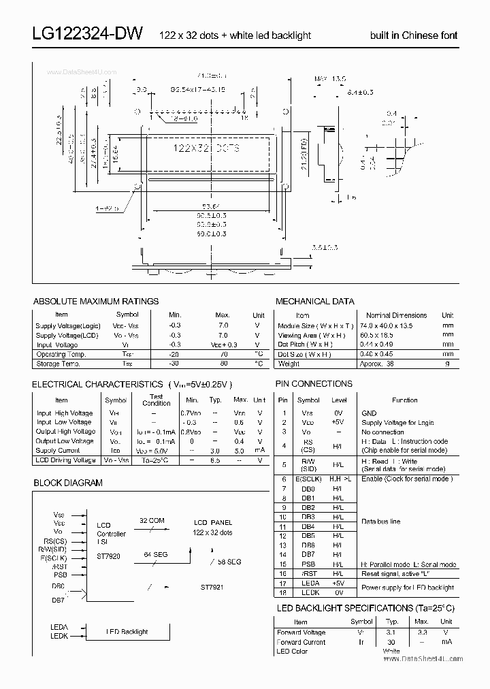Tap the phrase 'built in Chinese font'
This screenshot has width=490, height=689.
tap(414, 35)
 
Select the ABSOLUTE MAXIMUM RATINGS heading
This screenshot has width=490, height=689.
tap(96, 301)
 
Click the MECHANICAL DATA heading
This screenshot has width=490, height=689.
tap(314, 301)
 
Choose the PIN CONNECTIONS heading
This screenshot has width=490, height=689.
tap(314, 383)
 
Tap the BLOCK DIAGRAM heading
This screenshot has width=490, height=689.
tap(68, 483)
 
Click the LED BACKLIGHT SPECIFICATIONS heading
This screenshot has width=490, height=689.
tap(365, 607)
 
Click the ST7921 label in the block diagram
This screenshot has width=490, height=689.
tap(212, 586)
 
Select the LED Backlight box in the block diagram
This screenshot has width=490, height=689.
tap(127, 632)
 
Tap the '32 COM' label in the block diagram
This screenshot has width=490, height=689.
tap(151, 520)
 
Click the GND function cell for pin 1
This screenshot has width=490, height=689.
tap(369, 413)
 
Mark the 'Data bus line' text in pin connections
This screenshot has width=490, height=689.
tap(380, 521)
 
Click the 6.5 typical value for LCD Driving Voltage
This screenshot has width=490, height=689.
tap(216, 460)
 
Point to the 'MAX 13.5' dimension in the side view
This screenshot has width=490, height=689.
tap(325, 79)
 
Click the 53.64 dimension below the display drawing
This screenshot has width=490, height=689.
tap(201, 207)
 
